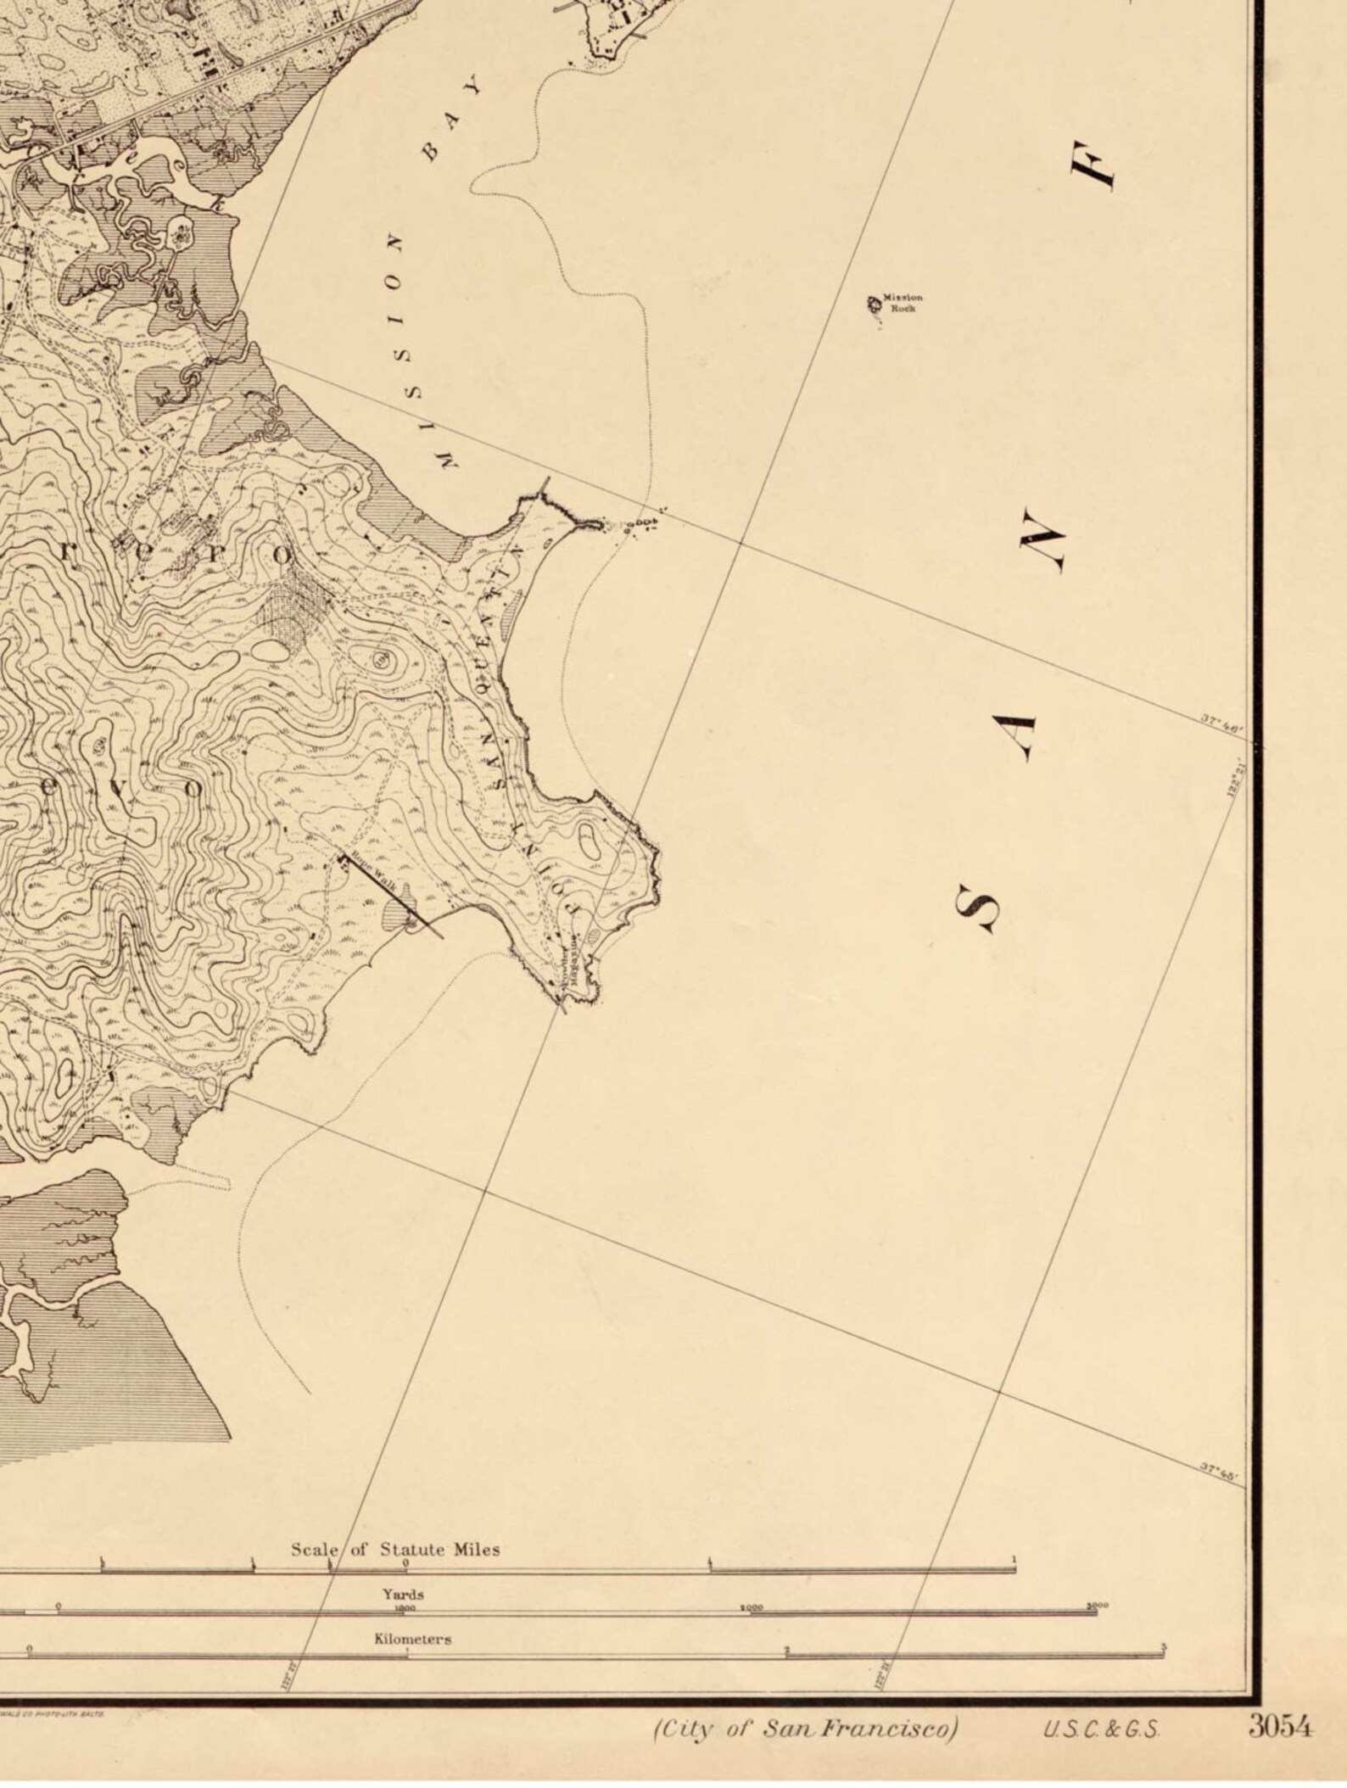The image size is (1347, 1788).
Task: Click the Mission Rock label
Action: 902,302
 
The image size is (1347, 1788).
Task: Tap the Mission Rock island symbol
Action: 873,303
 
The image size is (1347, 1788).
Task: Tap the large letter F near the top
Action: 1094,165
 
